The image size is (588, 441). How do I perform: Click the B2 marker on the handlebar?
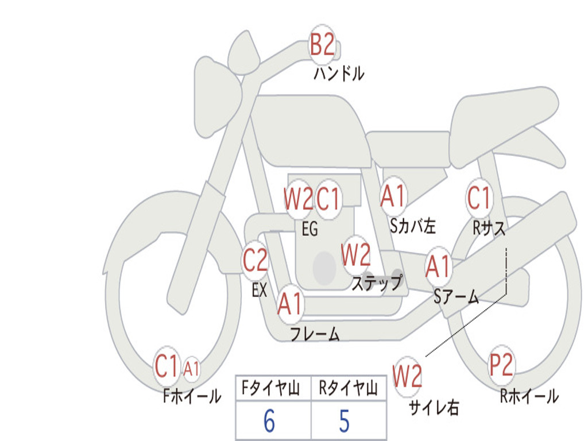pyautogui.click(x=322, y=45)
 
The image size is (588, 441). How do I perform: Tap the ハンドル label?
pyautogui.click(x=339, y=73)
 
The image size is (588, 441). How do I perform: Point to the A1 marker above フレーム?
pyautogui.click(x=290, y=304)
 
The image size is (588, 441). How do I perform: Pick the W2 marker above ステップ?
pyautogui.click(x=356, y=256)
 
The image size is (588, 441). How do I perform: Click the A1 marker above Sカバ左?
pyautogui.click(x=394, y=195)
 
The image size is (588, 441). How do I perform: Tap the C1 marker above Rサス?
pyautogui.click(x=479, y=198)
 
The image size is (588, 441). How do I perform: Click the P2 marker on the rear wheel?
pyautogui.click(x=501, y=365)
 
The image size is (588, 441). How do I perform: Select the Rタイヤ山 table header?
pyautogui.click(x=349, y=389)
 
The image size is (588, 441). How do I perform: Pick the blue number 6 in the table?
pyautogui.click(x=269, y=421)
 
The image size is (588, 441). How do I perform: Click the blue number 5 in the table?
pyautogui.click(x=344, y=421)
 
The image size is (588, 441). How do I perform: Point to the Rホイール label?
pyautogui.click(x=529, y=396)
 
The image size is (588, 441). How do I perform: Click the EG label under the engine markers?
pyautogui.click(x=310, y=229)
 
